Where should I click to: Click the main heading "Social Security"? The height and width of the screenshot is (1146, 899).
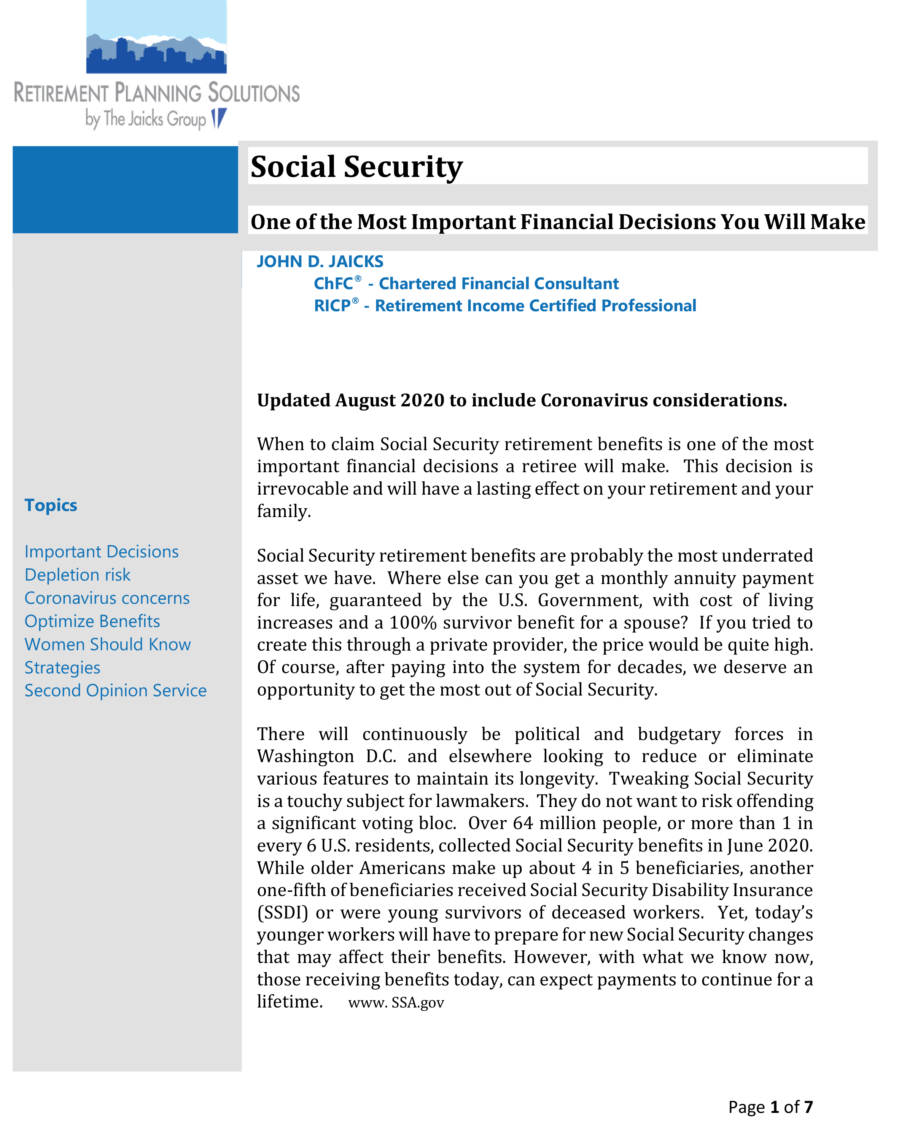(356, 167)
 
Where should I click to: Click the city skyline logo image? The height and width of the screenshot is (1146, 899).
(156, 37)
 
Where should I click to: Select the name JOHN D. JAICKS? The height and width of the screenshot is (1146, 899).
(320, 262)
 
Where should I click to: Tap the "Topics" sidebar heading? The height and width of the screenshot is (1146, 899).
(51, 505)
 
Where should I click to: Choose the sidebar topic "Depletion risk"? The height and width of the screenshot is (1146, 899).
(77, 575)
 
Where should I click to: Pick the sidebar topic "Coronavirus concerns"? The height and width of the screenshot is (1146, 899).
(107, 598)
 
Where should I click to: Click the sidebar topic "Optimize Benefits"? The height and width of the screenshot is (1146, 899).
(92, 621)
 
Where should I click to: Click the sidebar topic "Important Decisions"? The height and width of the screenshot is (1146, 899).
(102, 552)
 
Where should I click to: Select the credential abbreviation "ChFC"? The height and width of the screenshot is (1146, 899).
(334, 284)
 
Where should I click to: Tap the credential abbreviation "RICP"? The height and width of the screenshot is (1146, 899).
(332, 306)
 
